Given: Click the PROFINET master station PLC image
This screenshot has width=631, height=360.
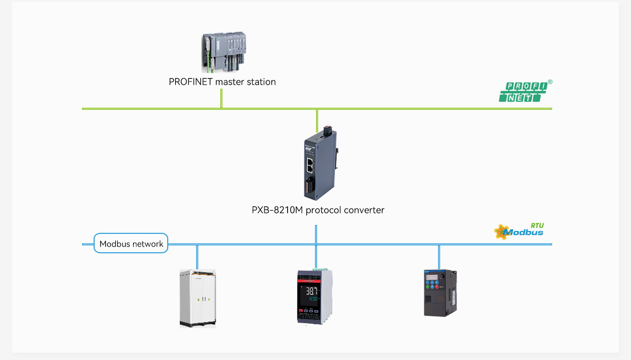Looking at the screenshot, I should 224,52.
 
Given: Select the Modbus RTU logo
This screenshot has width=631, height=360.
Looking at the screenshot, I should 519,231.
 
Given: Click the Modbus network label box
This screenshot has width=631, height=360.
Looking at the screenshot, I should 131,244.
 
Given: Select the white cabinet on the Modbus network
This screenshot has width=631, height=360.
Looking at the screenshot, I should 198,298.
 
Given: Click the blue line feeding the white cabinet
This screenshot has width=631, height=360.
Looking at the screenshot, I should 197,256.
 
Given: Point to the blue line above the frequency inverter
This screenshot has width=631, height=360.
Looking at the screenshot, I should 439,256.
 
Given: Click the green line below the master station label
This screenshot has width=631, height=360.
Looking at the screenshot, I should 221,98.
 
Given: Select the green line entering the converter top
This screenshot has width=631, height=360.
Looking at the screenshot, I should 317,120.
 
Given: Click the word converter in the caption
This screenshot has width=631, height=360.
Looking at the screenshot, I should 364,210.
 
